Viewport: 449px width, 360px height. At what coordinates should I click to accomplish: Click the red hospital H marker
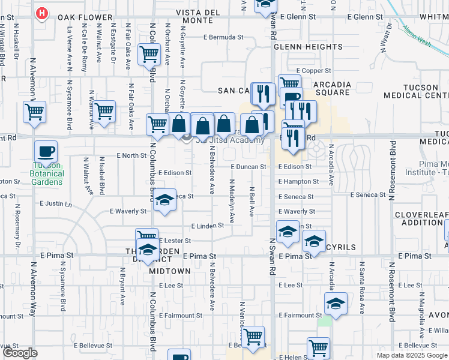41,13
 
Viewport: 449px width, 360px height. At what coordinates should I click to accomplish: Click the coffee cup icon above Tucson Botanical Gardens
45,151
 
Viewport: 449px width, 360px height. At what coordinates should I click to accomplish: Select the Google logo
20,353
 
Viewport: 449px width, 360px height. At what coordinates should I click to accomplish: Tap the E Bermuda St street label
223,37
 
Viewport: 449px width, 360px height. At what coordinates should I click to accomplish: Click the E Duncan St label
247,167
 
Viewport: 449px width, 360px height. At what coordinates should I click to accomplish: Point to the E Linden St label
207,226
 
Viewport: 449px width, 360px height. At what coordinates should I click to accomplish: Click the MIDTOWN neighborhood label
170,271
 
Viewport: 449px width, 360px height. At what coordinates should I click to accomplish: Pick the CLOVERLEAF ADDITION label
421,218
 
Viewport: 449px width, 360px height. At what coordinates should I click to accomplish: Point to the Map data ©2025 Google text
412,355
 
